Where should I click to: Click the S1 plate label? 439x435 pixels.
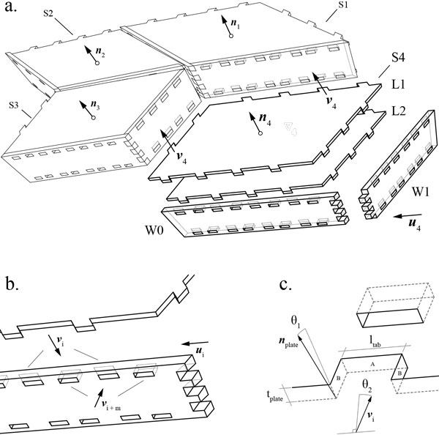(x=345, y=7)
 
